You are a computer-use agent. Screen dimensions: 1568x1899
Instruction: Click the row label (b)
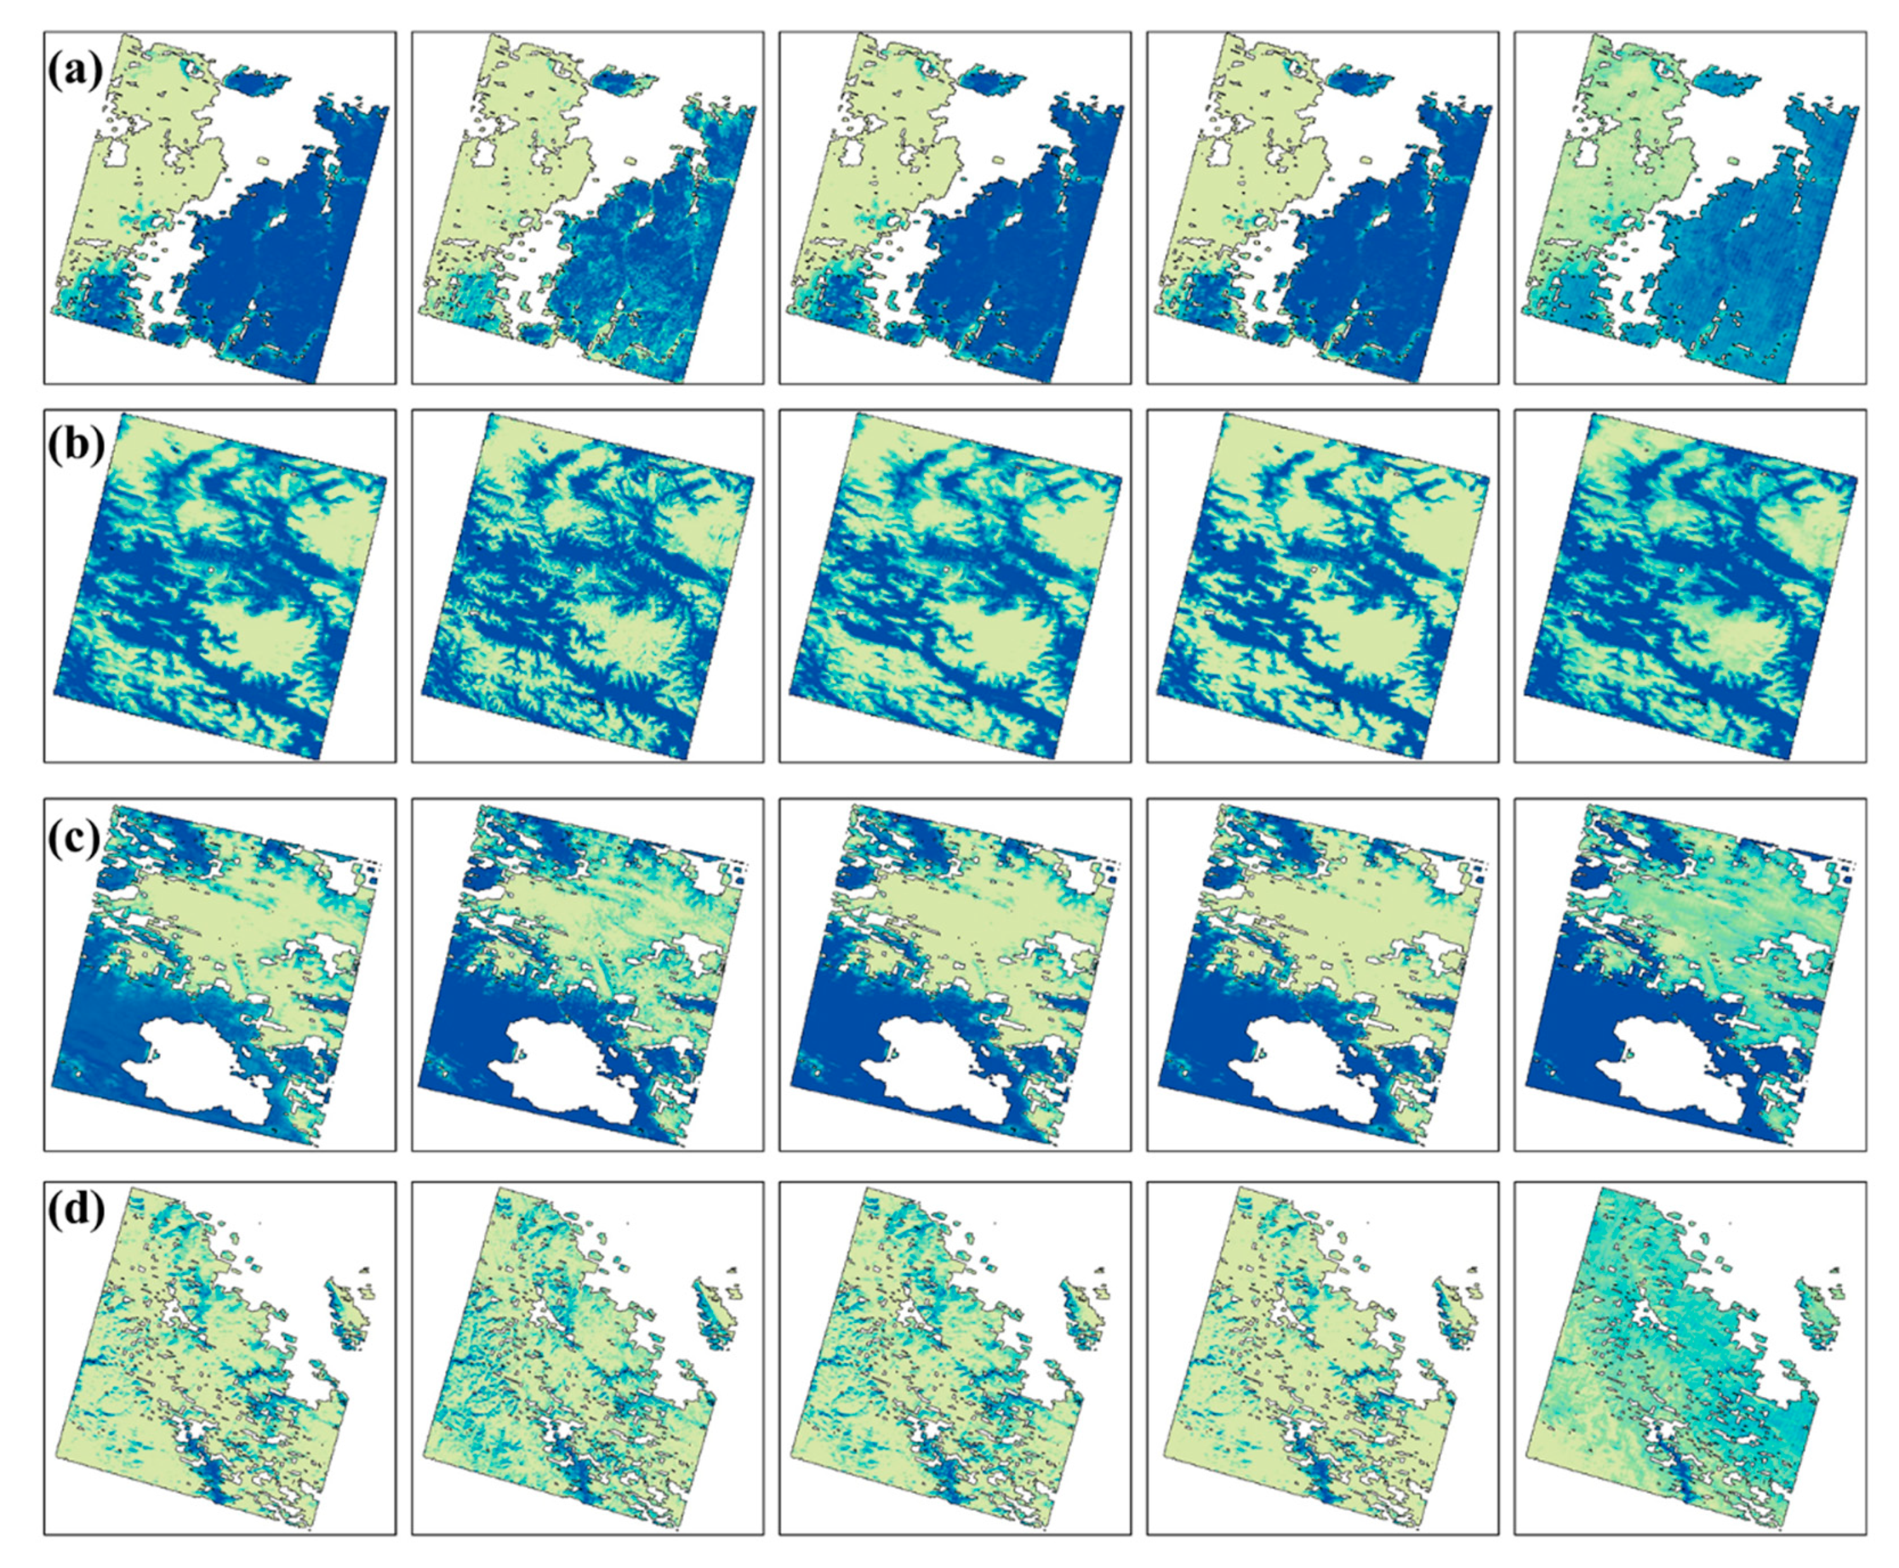(x=76, y=445)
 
